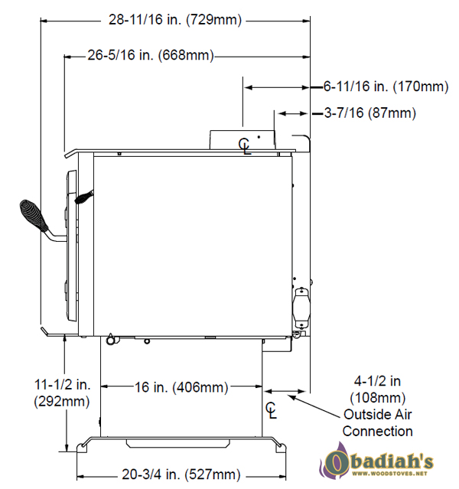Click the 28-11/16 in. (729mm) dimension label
[175, 20]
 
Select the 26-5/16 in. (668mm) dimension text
[151, 55]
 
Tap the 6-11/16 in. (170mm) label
[386, 86]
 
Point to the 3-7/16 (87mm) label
[369, 113]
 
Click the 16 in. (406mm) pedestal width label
[181, 387]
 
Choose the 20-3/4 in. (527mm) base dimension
[181, 474]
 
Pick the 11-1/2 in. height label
[63, 384]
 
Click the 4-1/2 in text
[377, 381]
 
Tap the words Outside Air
[378, 415]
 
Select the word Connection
[378, 432]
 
